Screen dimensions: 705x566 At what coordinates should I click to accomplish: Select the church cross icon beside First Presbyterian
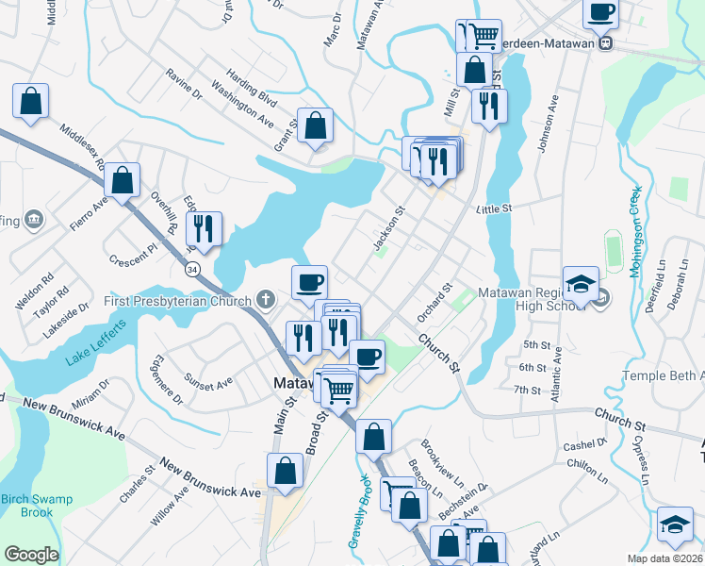coord(266,301)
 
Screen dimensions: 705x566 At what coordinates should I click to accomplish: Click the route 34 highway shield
coord(192,269)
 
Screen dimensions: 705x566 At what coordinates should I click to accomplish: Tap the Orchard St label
coord(435,302)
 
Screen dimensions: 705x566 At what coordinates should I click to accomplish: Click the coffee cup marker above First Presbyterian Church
coord(309,281)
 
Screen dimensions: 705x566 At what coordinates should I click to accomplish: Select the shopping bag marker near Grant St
coord(315,125)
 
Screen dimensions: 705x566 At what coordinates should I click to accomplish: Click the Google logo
coord(31,555)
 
